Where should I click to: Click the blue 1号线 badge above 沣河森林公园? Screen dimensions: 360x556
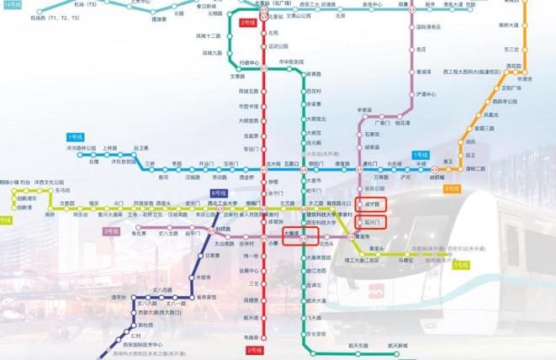(x=76, y=135)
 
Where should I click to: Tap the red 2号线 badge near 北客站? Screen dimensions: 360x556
(x=247, y=23)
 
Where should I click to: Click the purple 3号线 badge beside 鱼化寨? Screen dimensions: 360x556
(x=110, y=230)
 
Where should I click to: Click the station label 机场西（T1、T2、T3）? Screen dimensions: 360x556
(x=54, y=17)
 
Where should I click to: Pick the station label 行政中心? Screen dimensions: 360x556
(x=249, y=62)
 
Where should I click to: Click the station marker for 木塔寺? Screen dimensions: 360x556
(x=203, y=276)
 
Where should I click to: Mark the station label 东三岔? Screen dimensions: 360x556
(x=511, y=49)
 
